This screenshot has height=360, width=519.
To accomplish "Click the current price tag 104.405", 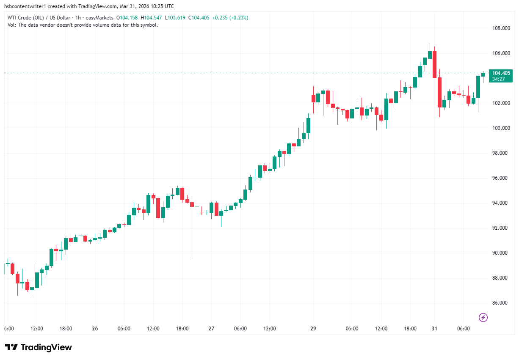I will [x=501, y=73].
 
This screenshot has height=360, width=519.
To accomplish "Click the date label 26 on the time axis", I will [x=95, y=329].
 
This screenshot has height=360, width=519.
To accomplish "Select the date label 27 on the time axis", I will [x=211, y=329].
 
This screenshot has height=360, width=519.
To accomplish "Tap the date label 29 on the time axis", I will [x=313, y=329].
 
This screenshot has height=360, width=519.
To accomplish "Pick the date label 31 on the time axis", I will [x=434, y=329].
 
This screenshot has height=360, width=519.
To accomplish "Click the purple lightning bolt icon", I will [x=483, y=317].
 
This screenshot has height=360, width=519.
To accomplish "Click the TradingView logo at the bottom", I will [x=39, y=347].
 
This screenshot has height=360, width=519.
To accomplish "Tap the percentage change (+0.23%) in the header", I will [x=238, y=18].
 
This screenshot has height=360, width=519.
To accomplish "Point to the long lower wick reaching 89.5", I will [x=192, y=237].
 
